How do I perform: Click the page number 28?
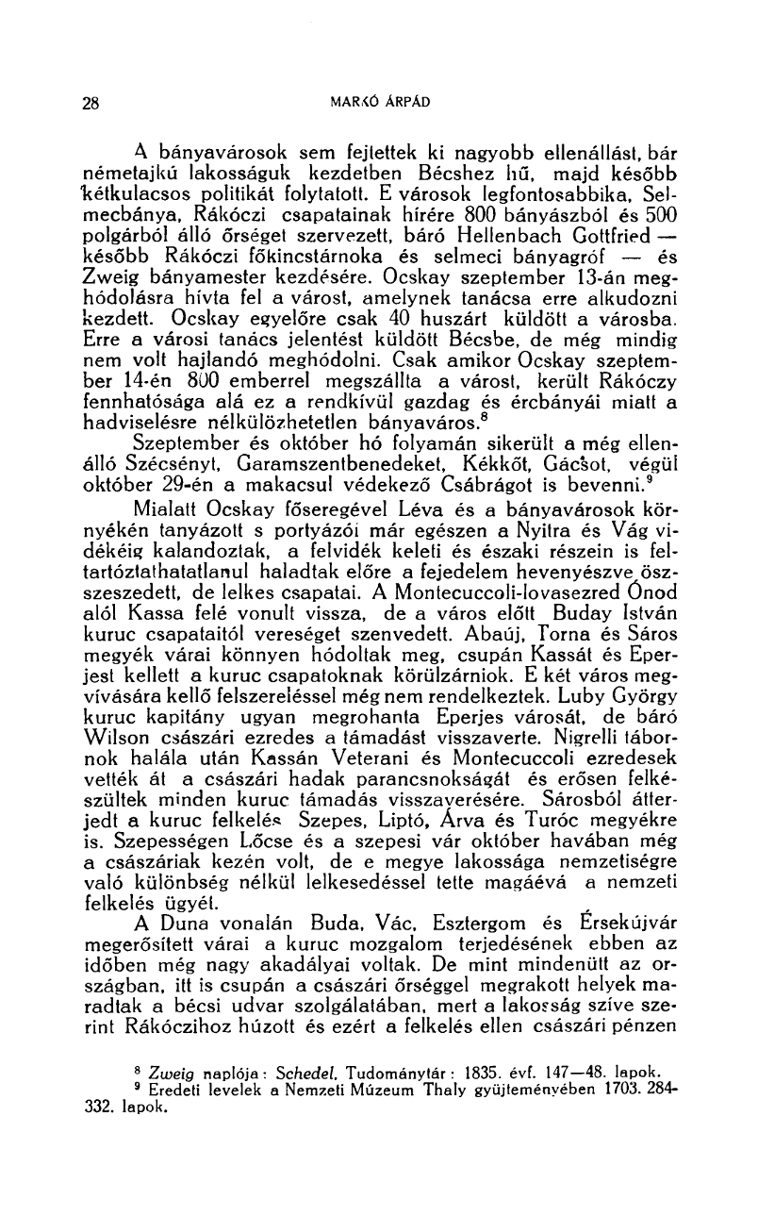coord(91,103)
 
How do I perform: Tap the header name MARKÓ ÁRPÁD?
coord(379,102)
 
